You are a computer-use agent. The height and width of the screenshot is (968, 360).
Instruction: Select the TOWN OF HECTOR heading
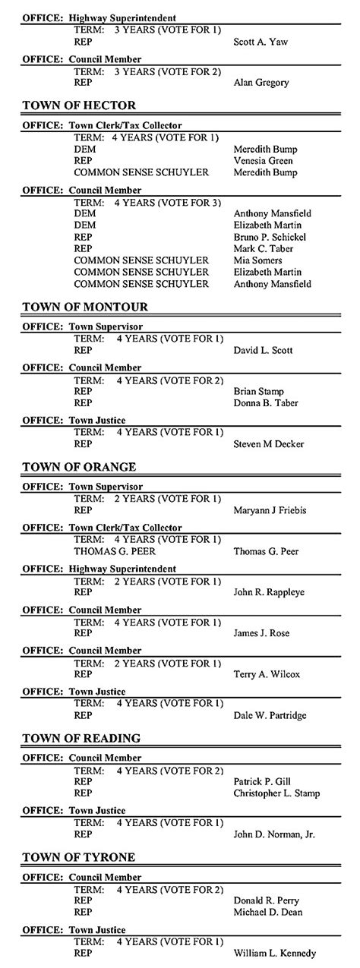pyautogui.click(x=80, y=105)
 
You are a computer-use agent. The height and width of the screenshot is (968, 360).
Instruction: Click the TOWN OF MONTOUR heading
pyautogui.click(x=85, y=307)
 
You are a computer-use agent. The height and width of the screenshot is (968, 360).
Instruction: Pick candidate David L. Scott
pyautogui.click(x=264, y=351)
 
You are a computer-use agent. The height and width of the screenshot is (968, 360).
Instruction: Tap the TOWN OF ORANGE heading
pyautogui.click(x=80, y=466)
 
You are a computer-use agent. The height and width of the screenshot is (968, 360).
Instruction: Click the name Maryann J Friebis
pyautogui.click(x=270, y=510)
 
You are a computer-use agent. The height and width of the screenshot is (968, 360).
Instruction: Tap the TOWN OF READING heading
pyautogui.click(x=81, y=738)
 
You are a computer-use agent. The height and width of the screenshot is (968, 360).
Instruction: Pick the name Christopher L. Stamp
pyautogui.click(x=276, y=793)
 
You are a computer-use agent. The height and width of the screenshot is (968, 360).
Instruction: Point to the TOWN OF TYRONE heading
pyautogui.click(x=79, y=857)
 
